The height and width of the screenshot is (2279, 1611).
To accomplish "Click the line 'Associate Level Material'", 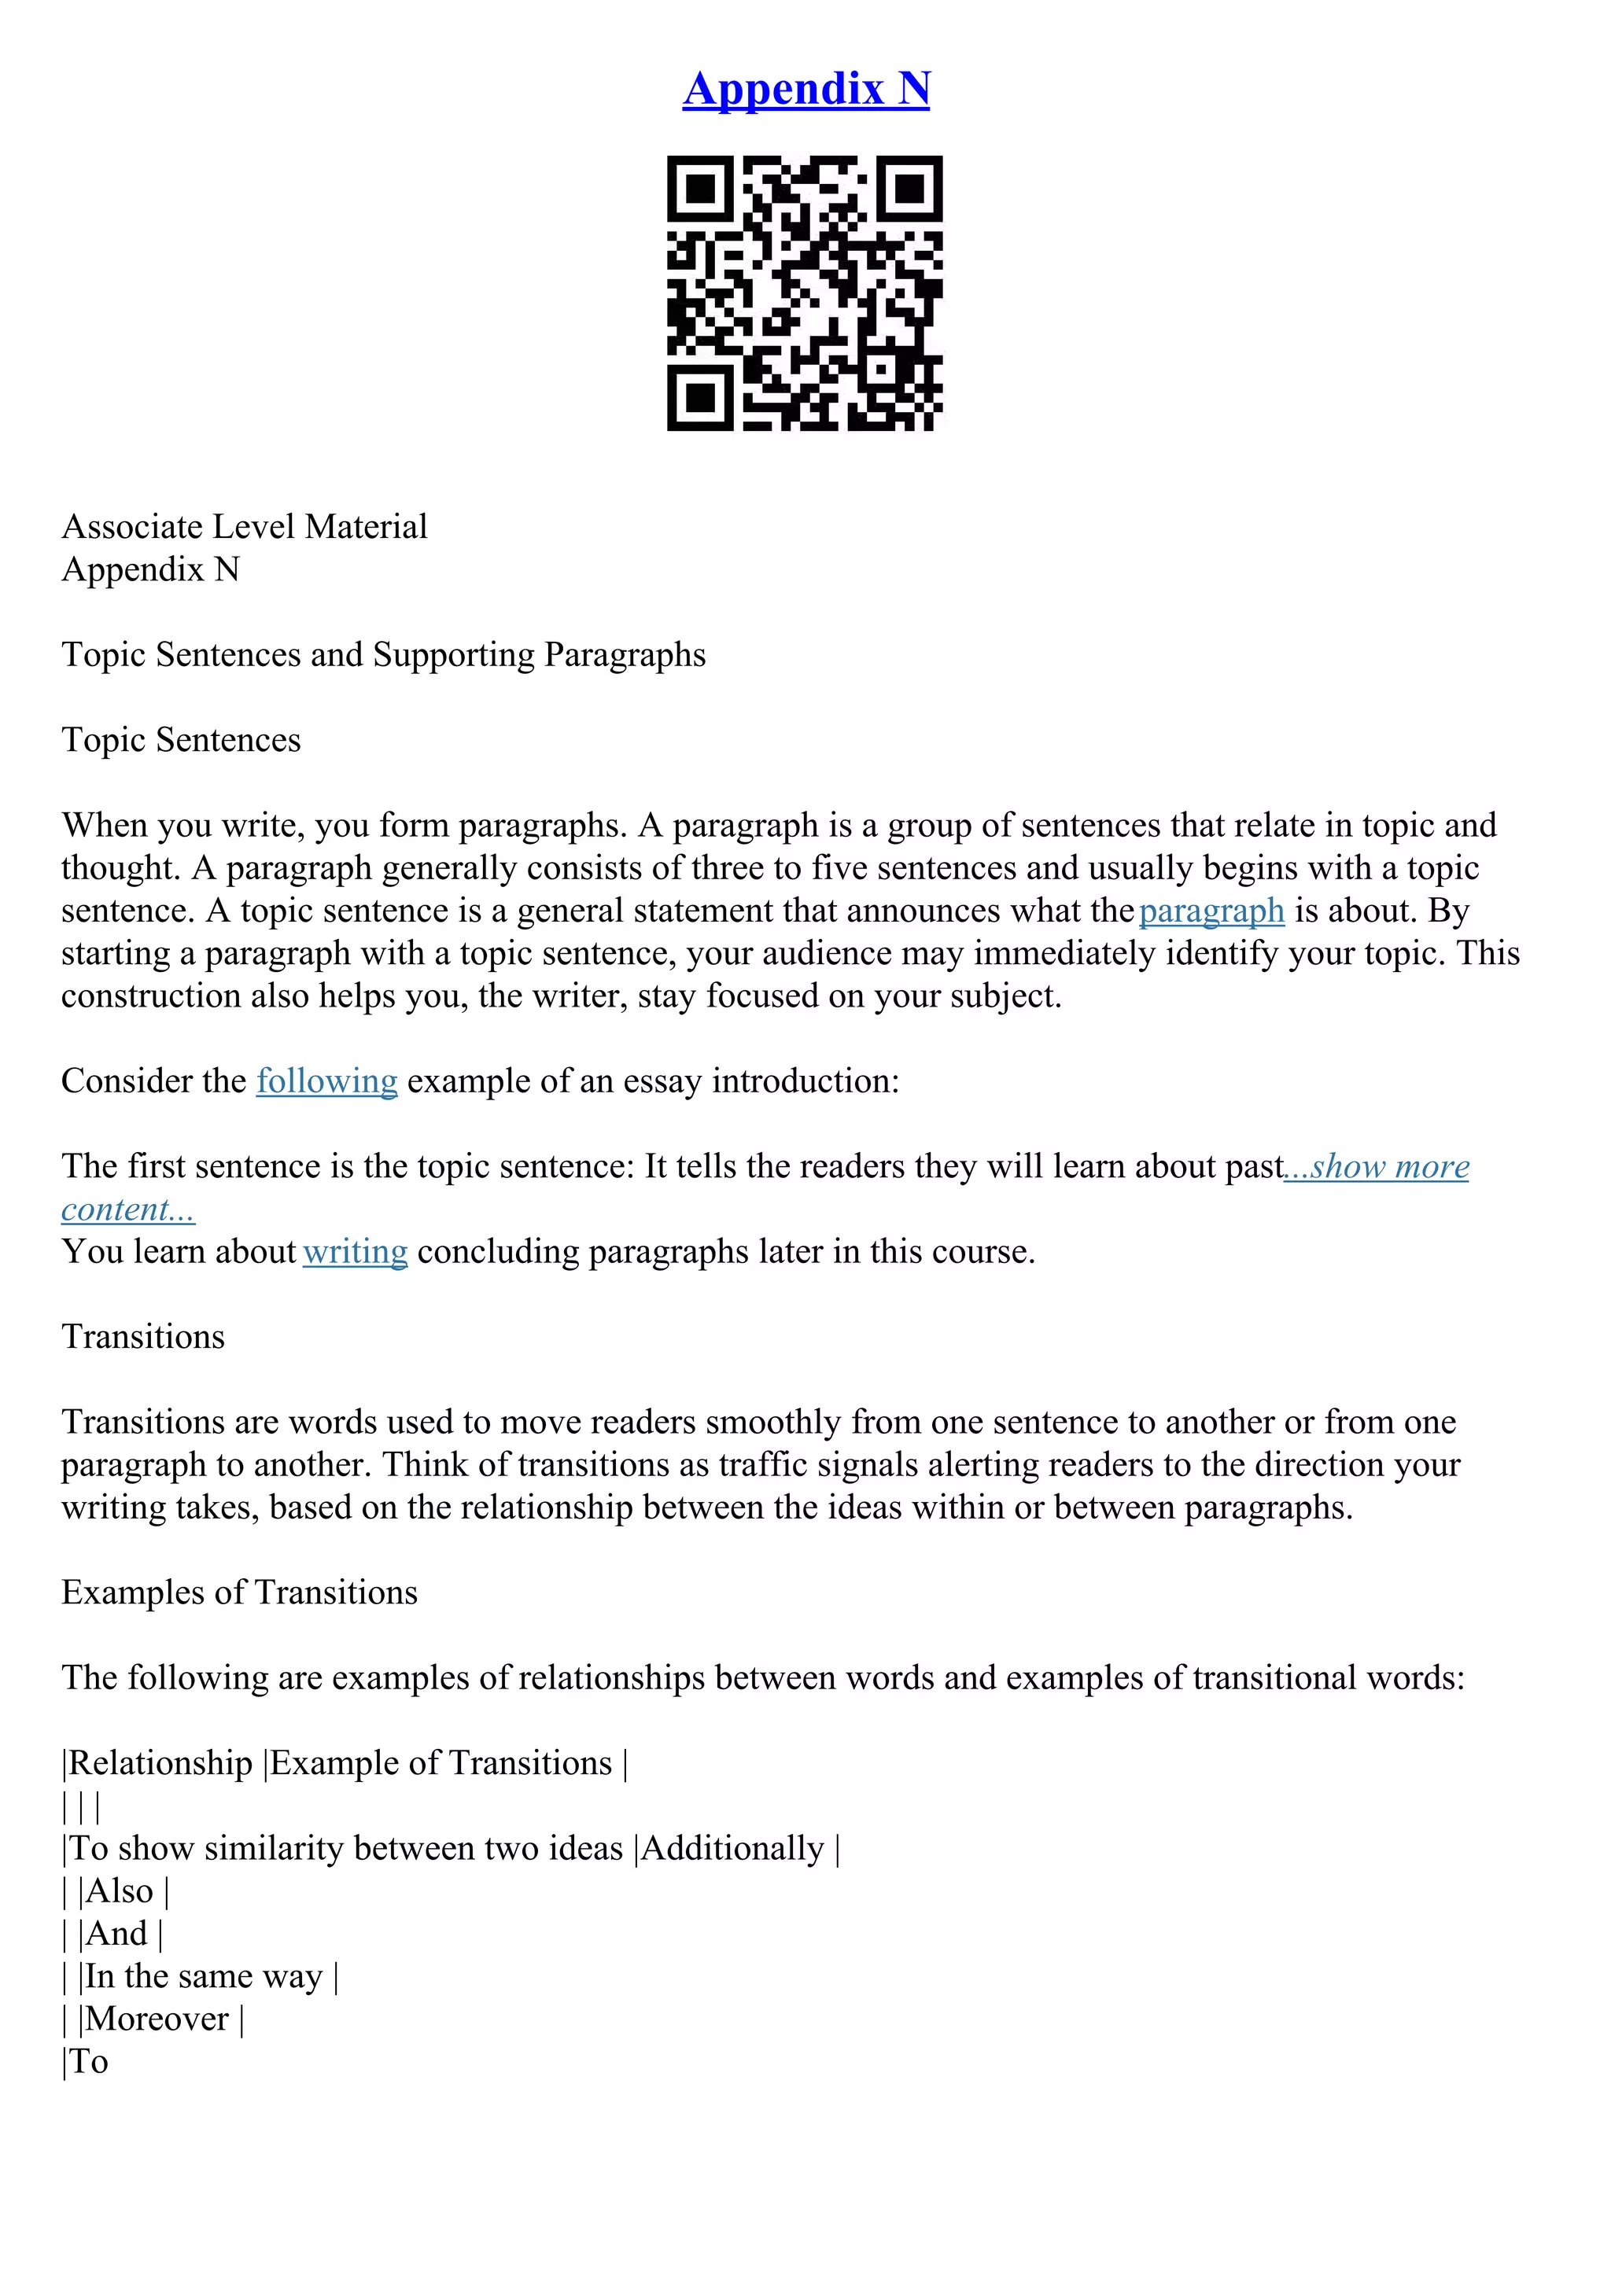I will pyautogui.click(x=244, y=526).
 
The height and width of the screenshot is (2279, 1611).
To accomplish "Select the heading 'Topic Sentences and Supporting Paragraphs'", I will pyautogui.click(x=383, y=655).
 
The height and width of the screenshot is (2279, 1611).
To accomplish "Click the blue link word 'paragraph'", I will pyautogui.click(x=1211, y=910).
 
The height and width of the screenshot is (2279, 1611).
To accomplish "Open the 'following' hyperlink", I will pyautogui.click(x=326, y=1081).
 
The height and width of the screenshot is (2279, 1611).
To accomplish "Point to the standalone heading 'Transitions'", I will pyautogui.click(x=143, y=1337).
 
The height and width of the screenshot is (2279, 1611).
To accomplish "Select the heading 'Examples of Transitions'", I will pyautogui.click(x=239, y=1592).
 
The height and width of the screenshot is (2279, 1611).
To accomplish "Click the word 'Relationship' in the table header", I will pyautogui.click(x=160, y=1763).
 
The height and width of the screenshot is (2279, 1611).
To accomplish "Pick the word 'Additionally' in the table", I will pyautogui.click(x=732, y=1848).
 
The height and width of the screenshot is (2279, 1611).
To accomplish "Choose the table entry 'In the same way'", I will pyautogui.click(x=205, y=1976).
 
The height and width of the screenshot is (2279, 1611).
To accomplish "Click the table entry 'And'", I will pyautogui.click(x=117, y=1934).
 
